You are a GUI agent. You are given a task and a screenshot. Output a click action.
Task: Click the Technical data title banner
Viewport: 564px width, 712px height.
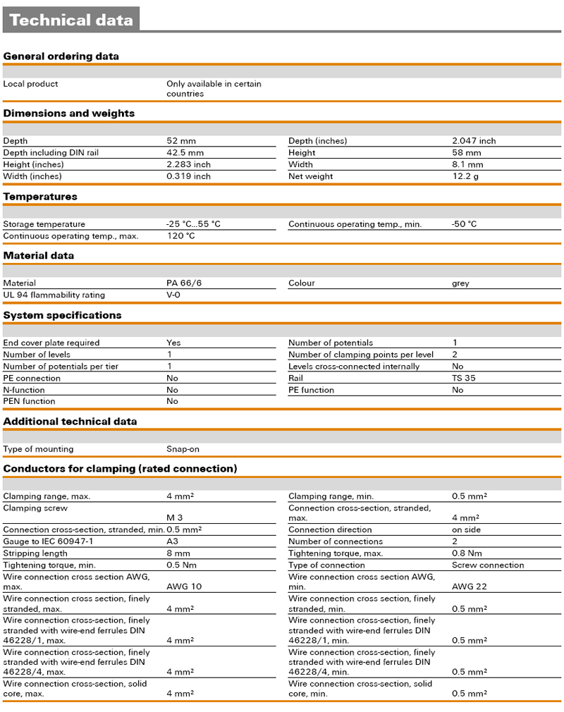(70, 20)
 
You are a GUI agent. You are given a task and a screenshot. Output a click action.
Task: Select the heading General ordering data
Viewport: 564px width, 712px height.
(61, 56)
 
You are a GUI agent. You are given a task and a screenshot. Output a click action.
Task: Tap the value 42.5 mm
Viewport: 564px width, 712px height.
(185, 152)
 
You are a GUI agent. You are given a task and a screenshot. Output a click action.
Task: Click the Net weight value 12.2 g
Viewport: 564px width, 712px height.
(465, 176)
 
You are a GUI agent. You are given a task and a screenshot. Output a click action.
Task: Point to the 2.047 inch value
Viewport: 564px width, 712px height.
(474, 141)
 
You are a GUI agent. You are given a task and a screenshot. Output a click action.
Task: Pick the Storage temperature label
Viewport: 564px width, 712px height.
(44, 224)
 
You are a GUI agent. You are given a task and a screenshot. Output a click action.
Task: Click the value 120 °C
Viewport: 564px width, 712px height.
(180, 236)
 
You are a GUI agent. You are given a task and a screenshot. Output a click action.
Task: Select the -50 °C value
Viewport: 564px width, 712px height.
(464, 224)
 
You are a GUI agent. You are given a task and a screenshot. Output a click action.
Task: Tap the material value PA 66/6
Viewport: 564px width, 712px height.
(184, 283)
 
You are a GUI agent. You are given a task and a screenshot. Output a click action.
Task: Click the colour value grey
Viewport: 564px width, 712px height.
(460, 283)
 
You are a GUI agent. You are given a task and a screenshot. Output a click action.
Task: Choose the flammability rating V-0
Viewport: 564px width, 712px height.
(173, 295)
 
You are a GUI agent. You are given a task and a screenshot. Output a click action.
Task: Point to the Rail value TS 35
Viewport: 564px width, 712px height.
(463, 378)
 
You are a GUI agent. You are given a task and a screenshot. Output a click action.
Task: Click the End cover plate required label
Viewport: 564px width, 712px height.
(51, 343)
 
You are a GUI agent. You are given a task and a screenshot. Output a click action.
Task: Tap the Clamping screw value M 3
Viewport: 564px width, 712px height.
(174, 518)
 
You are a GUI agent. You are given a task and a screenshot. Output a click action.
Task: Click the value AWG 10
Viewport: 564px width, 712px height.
(183, 587)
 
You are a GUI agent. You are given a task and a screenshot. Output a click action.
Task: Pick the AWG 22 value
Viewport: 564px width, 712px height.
(469, 587)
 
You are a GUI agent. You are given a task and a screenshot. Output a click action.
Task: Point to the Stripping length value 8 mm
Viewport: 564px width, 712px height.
(178, 553)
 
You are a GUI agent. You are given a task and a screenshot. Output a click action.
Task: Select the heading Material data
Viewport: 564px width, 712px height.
(39, 256)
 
